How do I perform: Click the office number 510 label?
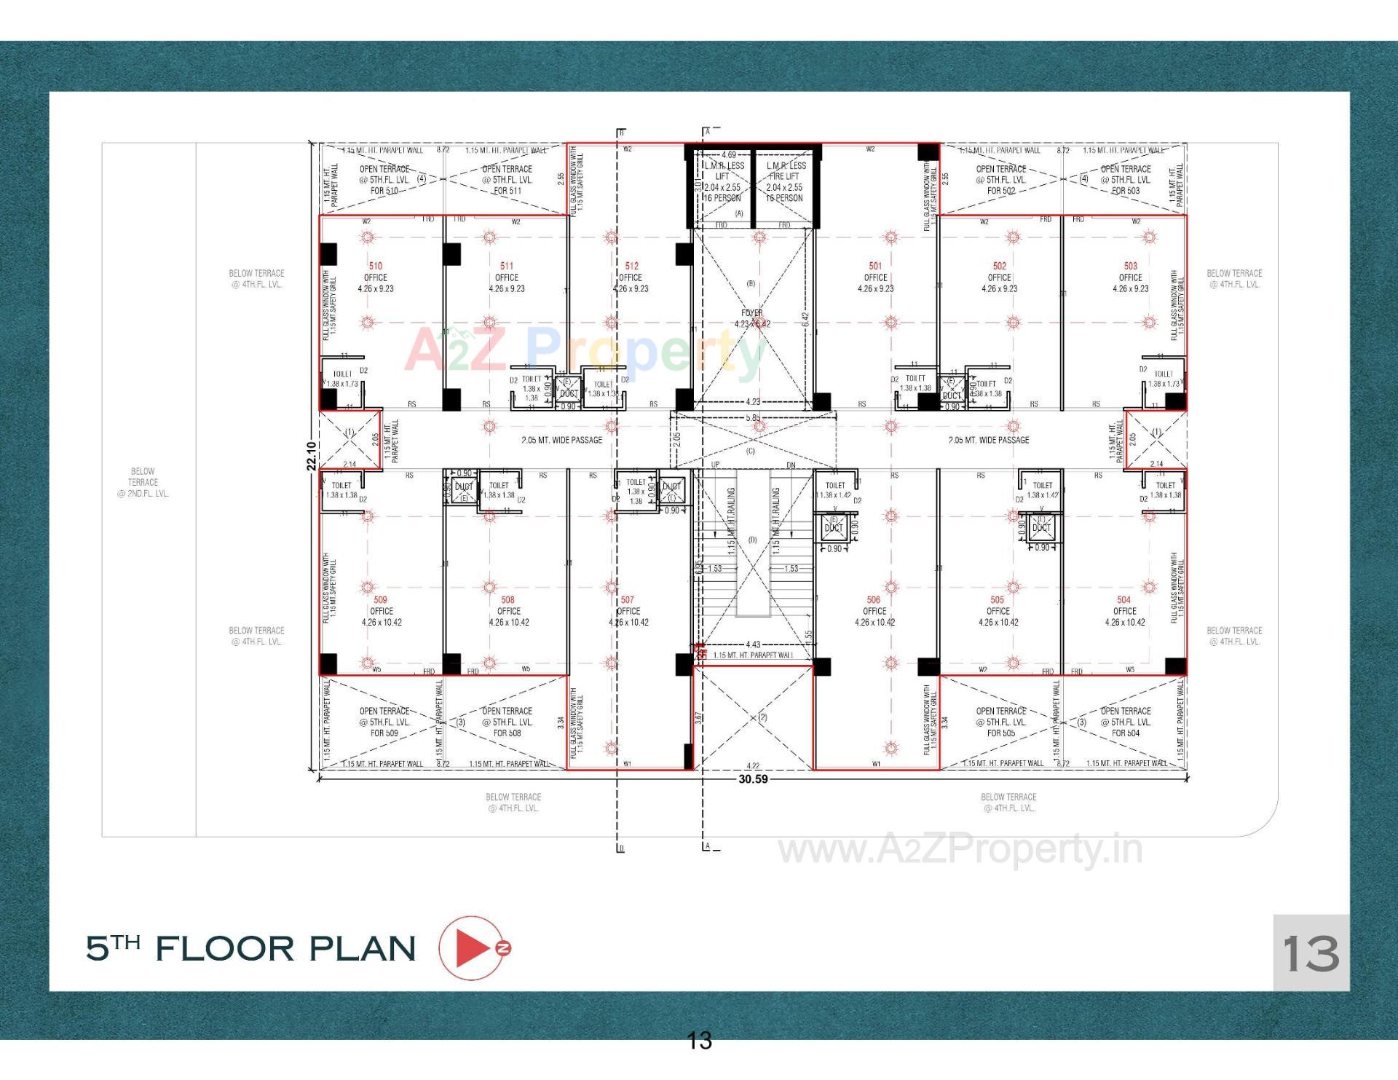(x=375, y=266)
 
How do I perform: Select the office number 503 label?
(x=1130, y=266)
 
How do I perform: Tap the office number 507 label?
(x=627, y=600)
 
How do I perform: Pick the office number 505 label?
(x=997, y=600)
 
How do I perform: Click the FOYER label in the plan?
(x=751, y=313)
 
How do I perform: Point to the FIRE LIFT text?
(x=784, y=176)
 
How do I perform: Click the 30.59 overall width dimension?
(x=753, y=779)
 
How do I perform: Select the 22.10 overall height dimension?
(x=312, y=456)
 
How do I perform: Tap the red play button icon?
(x=472, y=947)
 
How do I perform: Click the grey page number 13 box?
(x=1311, y=953)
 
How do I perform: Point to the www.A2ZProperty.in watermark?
(x=960, y=850)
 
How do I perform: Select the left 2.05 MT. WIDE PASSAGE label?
(x=561, y=440)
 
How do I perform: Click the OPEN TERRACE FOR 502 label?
(x=1000, y=180)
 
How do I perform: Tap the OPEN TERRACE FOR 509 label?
(x=384, y=722)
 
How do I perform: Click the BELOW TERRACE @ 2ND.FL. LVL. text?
(x=143, y=482)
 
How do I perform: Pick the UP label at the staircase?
(x=715, y=465)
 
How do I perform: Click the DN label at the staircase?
(x=791, y=465)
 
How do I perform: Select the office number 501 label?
(x=874, y=266)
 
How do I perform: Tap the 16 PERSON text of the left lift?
(x=722, y=198)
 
